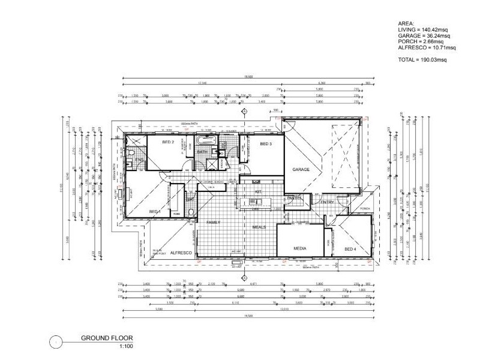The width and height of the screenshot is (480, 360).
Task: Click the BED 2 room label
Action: click(x=169, y=143)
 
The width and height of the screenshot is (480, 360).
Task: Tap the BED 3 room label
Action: click(x=266, y=145)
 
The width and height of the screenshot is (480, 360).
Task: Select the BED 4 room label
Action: click(x=350, y=248)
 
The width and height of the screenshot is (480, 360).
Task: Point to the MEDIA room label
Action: click(x=300, y=248)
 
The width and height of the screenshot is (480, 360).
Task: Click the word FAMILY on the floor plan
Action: click(x=213, y=222)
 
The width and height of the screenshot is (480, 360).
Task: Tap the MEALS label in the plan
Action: click(x=259, y=227)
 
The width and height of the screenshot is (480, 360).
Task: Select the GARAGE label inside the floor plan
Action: click(x=301, y=170)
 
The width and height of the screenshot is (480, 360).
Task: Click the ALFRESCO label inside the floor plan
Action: click(x=180, y=253)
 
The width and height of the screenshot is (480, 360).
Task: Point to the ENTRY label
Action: click(x=327, y=202)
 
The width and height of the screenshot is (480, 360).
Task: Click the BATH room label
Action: click(x=202, y=152)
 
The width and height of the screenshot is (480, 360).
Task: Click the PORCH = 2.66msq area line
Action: click(x=419, y=41)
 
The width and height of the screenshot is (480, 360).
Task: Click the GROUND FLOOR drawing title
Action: click(x=107, y=338)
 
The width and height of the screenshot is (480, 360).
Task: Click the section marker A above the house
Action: click(x=244, y=112)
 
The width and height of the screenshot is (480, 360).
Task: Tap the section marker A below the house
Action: click(x=244, y=277)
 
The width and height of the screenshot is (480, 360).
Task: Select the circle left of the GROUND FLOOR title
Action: click(x=55, y=342)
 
